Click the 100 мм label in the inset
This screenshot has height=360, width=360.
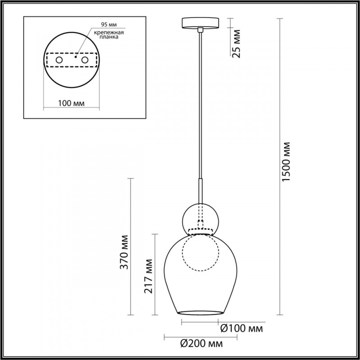point(72,103)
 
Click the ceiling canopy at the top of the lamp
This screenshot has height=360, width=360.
point(201,23)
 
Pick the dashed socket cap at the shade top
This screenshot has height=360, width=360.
point(201,232)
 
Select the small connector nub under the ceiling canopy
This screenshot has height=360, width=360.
point(201,30)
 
